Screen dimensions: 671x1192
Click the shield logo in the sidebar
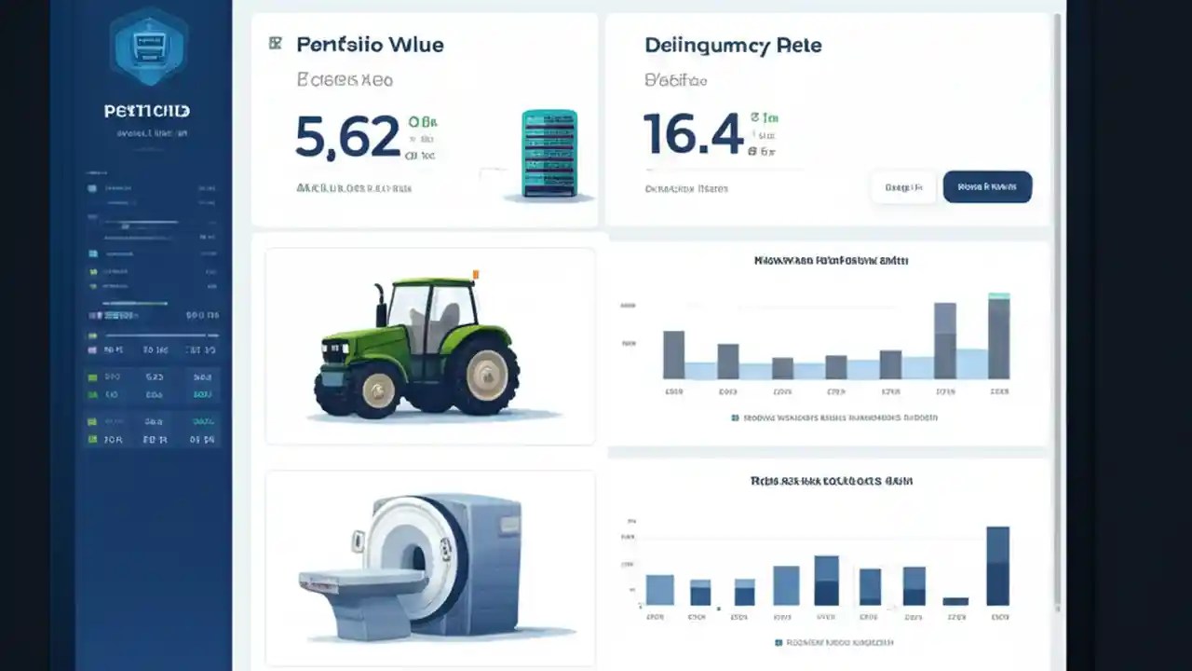pyautogui.click(x=148, y=46)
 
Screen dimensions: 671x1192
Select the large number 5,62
pyautogui.click(x=347, y=136)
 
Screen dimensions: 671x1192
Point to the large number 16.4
pyautogui.click(x=693, y=134)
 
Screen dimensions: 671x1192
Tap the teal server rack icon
pyautogui.click(x=549, y=154)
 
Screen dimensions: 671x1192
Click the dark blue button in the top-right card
pyautogui.click(x=987, y=186)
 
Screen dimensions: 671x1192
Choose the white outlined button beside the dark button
pyautogui.click(x=903, y=186)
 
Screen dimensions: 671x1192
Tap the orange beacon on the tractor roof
pyautogui.click(x=476, y=274)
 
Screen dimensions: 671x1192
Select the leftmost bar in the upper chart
pyautogui.click(x=673, y=354)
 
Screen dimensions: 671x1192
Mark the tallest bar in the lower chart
pyautogui.click(x=997, y=566)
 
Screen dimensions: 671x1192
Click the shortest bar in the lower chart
pyautogui.click(x=955, y=601)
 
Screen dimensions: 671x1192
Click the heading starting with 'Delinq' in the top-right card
pyautogui.click(x=733, y=46)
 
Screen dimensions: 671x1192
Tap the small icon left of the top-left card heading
pyautogui.click(x=275, y=43)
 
